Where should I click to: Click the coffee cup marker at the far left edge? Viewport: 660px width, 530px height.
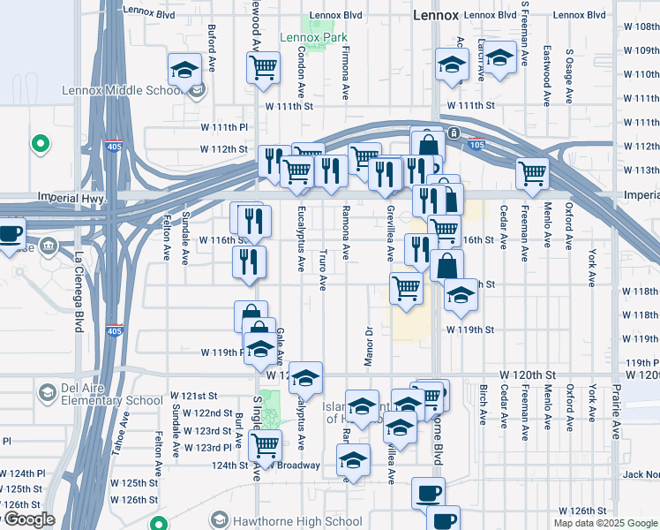click(10, 234)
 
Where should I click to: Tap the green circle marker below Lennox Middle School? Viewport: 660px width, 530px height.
click(40, 142)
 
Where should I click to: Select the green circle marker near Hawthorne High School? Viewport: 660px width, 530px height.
click(159, 523)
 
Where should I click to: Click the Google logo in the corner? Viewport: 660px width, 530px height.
click(28, 519)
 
